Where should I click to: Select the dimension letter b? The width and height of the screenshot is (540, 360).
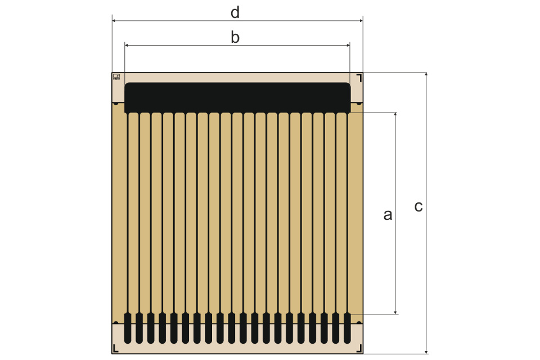point(235,37)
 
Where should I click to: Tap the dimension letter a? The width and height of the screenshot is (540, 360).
point(388,214)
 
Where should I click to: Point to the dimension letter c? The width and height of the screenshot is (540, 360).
point(418,206)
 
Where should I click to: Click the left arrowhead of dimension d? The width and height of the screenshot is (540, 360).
point(114,20)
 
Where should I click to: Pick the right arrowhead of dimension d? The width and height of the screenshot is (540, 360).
point(361,20)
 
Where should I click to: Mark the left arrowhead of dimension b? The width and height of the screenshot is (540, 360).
point(127,45)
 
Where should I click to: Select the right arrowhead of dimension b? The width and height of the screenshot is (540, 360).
point(348,45)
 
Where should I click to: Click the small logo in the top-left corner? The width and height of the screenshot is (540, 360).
point(116,76)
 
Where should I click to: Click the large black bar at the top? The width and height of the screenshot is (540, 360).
point(237,97)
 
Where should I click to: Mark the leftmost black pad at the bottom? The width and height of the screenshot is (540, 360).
point(128,328)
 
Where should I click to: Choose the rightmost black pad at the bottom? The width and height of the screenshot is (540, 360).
point(347,328)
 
